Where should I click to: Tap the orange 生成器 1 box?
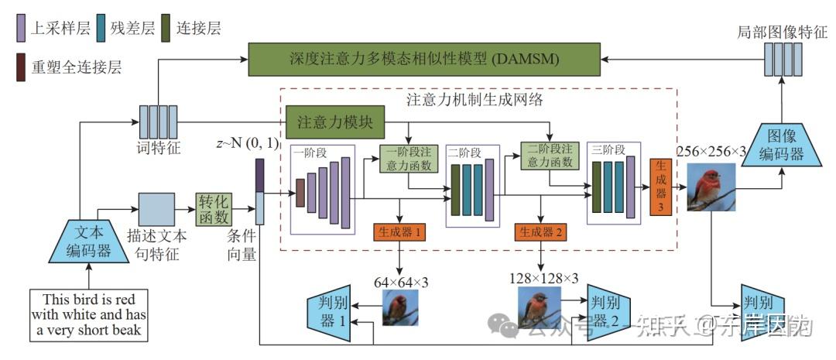[399, 231]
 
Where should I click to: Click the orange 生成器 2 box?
[540, 231]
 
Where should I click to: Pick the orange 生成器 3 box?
[660, 187]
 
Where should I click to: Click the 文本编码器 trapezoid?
[88, 241]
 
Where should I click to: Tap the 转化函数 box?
[214, 208]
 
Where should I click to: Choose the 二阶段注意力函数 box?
[550, 155]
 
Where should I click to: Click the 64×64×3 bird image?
[399, 308]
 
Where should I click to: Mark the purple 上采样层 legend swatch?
[21, 29]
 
